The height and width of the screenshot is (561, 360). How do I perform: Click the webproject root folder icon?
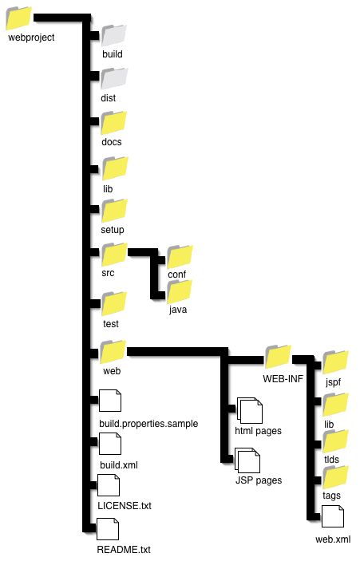pyautogui.click(x=19, y=18)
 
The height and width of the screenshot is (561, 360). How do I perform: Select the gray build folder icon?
pyautogui.click(x=114, y=35)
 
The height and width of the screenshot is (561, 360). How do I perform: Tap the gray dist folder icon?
pyautogui.click(x=114, y=78)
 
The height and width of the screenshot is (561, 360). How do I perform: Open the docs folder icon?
pyautogui.click(x=114, y=123)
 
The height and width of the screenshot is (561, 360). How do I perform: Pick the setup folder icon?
pyautogui.click(x=114, y=211)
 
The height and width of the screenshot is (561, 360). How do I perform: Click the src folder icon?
pyautogui.click(x=114, y=254)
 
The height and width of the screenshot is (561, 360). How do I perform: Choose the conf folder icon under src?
pyautogui.click(x=180, y=256)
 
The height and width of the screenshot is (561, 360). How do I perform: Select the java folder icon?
pyautogui.click(x=180, y=291)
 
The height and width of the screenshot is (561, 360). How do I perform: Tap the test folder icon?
pyautogui.click(x=114, y=304)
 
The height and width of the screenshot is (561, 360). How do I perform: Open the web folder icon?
pyautogui.click(x=113, y=352)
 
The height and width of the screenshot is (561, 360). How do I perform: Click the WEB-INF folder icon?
pyautogui.click(x=278, y=357)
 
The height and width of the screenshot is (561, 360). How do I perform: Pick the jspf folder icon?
pyautogui.click(x=335, y=362)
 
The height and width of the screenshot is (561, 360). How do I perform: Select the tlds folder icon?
pyautogui.click(x=335, y=441)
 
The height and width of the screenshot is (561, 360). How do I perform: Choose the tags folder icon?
pyautogui.click(x=335, y=477)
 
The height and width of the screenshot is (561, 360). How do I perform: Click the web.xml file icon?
pyautogui.click(x=333, y=516)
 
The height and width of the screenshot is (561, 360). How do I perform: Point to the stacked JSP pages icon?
pyautogui.click(x=247, y=460)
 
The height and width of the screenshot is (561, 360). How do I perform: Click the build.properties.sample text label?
pyautogui.click(x=148, y=424)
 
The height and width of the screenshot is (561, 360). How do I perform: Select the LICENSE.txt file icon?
pyautogui.click(x=109, y=485)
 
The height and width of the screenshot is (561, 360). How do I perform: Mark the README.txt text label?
pyautogui.click(x=124, y=550)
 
